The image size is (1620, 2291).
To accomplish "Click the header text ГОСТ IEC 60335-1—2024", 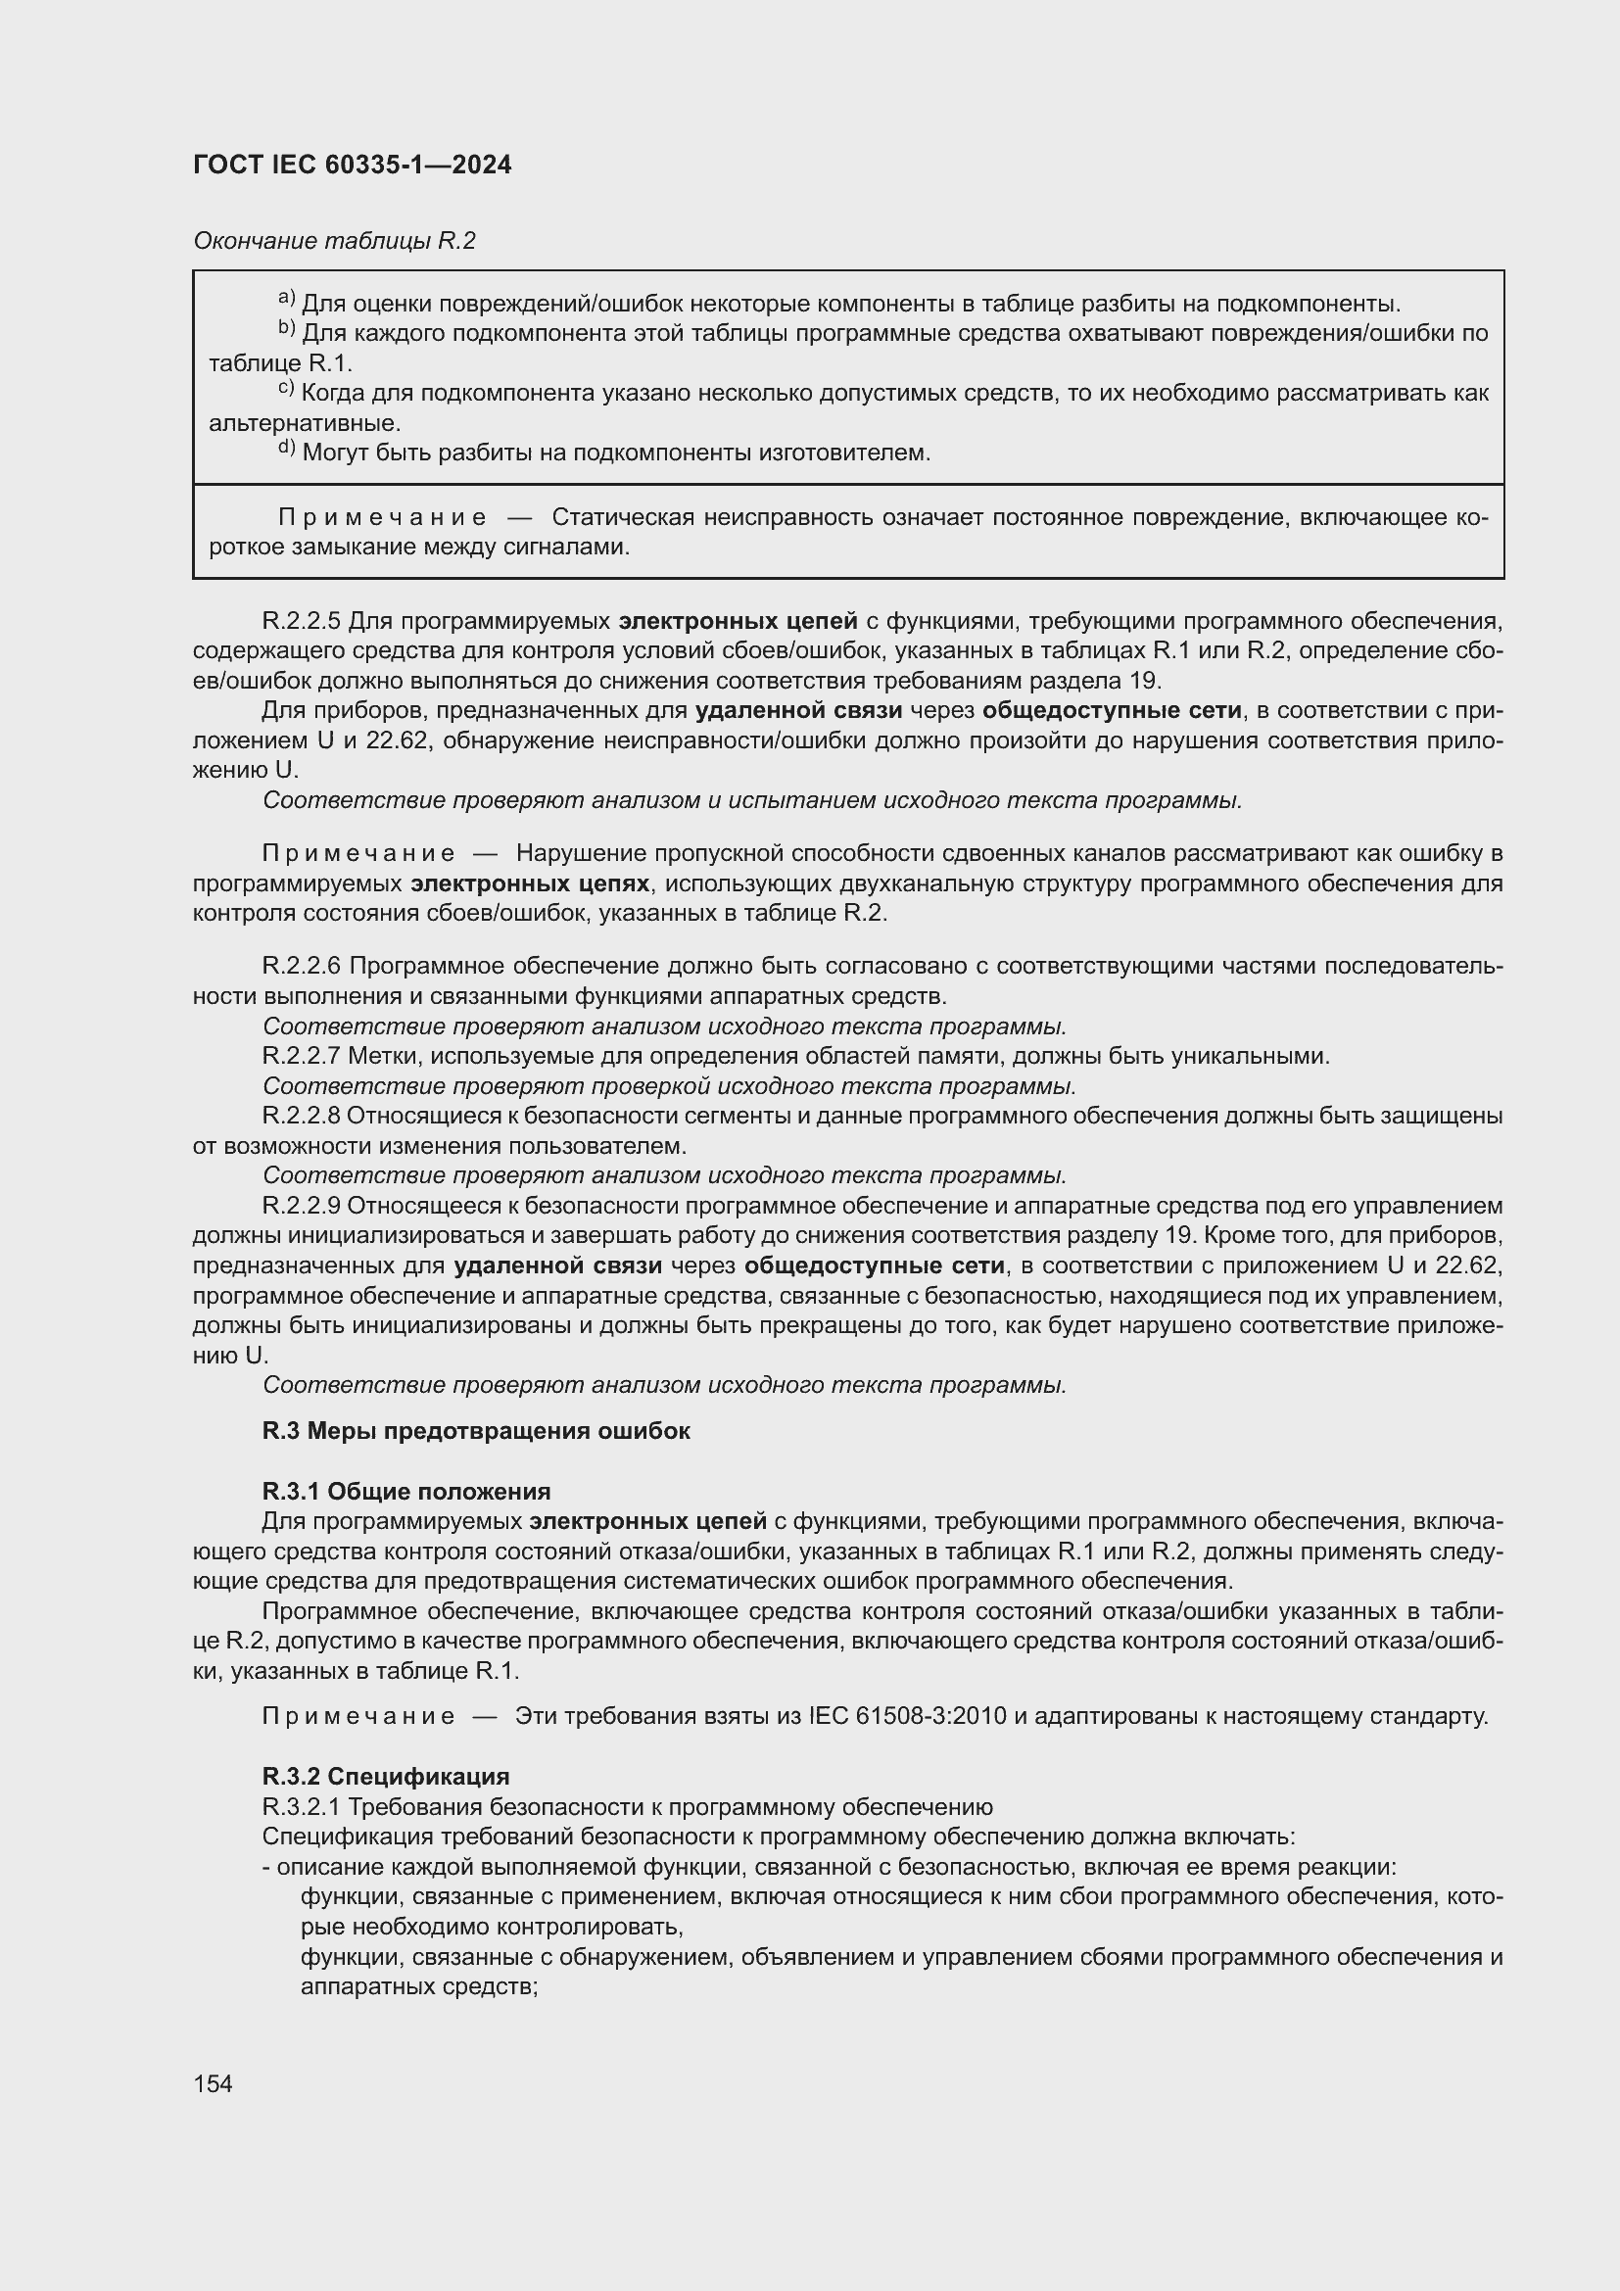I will [x=353, y=165].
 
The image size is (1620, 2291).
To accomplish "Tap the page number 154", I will [x=213, y=2083].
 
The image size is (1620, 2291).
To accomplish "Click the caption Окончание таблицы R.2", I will [x=334, y=241].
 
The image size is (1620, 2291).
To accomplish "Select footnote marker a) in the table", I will [x=286, y=300].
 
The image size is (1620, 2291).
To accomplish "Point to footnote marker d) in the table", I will [x=286, y=449].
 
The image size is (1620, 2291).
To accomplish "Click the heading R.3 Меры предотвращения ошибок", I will [x=476, y=1431].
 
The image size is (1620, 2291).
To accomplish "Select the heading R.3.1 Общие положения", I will [x=406, y=1492].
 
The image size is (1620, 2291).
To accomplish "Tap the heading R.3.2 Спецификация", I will [x=385, y=1776].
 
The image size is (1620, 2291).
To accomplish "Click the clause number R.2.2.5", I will [x=302, y=622].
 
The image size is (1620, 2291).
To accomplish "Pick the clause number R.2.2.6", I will [x=302, y=966].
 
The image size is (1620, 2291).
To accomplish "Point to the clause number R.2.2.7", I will [x=302, y=1056].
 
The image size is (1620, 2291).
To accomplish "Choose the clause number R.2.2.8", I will [x=302, y=1116].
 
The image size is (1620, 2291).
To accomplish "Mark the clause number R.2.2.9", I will [x=302, y=1206].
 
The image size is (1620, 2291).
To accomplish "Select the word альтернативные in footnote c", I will [x=305, y=423].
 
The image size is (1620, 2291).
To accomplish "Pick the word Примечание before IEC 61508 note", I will [x=358, y=1716].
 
